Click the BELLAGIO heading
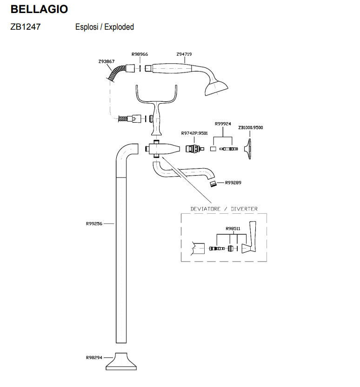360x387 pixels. pyautogui.click(x=39, y=9)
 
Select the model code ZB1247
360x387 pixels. pyautogui.click(x=25, y=27)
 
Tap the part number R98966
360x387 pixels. pyautogui.click(x=140, y=54)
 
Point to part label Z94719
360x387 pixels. pyautogui.click(x=184, y=54)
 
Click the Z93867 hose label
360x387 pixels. pyautogui.click(x=107, y=61)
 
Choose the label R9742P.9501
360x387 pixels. pyautogui.click(x=194, y=133)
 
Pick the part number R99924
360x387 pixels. pyautogui.click(x=222, y=124)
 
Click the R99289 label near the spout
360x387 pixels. pyautogui.click(x=233, y=183)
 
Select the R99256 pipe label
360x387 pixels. pyautogui.click(x=94, y=223)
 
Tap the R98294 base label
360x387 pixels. pyautogui.click(x=94, y=357)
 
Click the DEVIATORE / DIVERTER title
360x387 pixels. pyautogui.click(x=224, y=209)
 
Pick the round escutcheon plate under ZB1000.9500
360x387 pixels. pyautogui.click(x=250, y=149)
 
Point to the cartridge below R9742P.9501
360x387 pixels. pyautogui.click(x=192, y=149)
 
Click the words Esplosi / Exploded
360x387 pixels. pyautogui.click(x=105, y=27)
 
